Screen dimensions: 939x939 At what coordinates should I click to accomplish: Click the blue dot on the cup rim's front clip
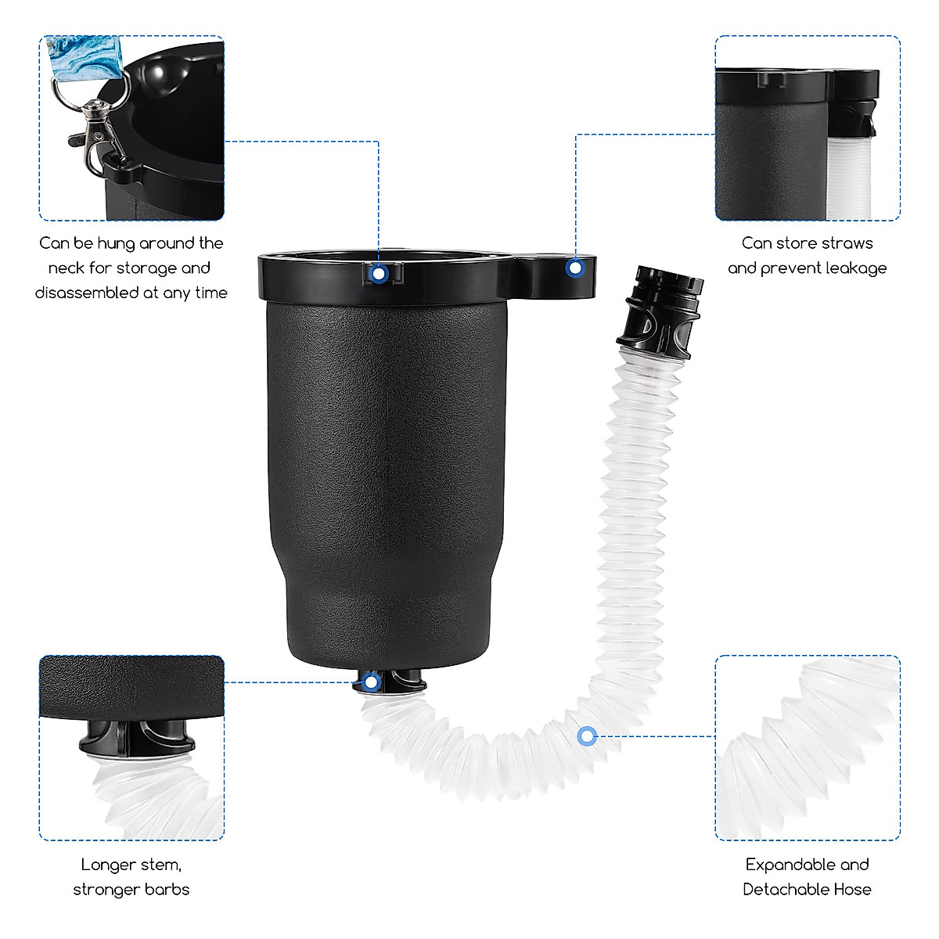[x=379, y=274]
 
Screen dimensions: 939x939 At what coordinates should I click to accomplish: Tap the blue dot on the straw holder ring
[x=575, y=268]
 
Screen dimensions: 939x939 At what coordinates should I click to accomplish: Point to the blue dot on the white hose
[x=587, y=736]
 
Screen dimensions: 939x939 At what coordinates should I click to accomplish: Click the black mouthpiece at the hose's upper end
[x=659, y=309]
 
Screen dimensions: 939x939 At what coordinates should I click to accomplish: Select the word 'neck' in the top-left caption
[x=66, y=268]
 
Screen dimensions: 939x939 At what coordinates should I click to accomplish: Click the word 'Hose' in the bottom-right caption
[x=852, y=890]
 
